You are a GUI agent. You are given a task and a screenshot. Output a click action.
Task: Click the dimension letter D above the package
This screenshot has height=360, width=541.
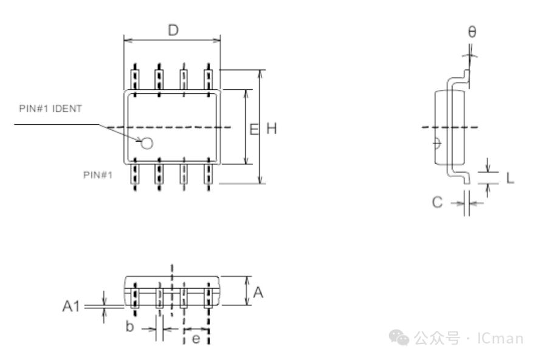(x=173, y=30)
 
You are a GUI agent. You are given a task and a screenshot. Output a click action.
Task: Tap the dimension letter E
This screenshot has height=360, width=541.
(x=254, y=130)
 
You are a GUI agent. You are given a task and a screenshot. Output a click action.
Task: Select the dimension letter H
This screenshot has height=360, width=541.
(x=272, y=128)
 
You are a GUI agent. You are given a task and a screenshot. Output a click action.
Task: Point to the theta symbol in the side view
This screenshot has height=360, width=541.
(x=472, y=32)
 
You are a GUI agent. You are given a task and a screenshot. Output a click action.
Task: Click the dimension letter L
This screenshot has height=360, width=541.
(x=510, y=178)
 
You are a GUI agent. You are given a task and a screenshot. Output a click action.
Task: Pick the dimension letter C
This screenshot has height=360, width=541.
(x=437, y=202)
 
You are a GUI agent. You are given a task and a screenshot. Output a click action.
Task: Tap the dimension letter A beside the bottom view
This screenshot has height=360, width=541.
(x=258, y=292)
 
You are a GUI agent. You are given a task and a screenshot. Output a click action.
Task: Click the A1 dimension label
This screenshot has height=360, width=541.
(x=71, y=306)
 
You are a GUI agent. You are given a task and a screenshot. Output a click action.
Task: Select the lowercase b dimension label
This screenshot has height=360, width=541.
(x=129, y=326)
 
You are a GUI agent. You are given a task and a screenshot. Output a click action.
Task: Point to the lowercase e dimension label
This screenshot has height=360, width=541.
(x=196, y=339)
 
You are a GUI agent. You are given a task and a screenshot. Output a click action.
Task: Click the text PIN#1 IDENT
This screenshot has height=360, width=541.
(x=50, y=109)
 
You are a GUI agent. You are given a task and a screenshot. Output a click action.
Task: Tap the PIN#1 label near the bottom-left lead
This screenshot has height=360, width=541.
(x=98, y=175)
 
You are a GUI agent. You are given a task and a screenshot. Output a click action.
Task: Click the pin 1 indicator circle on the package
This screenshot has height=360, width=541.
(x=147, y=144)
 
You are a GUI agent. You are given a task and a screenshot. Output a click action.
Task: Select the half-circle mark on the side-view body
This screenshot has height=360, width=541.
(x=438, y=144)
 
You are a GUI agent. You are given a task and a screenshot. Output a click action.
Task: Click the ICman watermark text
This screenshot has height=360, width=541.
(x=500, y=338)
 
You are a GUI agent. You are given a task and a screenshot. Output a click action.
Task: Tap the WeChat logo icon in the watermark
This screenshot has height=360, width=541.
(x=399, y=337)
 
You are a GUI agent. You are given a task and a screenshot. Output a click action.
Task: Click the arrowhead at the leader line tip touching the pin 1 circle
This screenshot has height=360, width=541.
(x=139, y=140)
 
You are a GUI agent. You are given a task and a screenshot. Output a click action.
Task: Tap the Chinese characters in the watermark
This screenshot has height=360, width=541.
(x=437, y=338)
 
